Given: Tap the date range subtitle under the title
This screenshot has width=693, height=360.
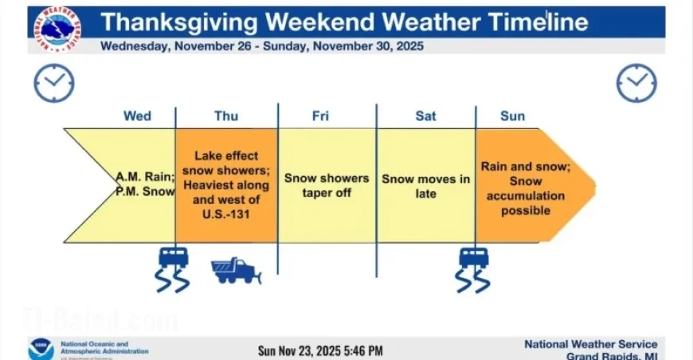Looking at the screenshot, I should pos(261,46).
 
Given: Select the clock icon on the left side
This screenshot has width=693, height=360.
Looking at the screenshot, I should pos(54,83).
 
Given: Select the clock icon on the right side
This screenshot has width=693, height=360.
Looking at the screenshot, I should pos(636,83).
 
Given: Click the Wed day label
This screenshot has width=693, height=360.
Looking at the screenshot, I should pos(137,116).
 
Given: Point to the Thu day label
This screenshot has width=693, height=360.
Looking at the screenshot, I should pos(226,116).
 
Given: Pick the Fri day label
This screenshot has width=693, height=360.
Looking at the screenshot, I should pos(320,116).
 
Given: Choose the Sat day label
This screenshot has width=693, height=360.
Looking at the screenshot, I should pos(425,116).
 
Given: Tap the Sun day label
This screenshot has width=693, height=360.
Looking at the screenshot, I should pos(512,116).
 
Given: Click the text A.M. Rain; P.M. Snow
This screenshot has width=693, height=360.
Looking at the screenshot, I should pos(144,185).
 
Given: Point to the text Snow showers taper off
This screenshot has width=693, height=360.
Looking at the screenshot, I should pos(327,186).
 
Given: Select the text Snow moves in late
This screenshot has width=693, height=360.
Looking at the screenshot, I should pos(425,186).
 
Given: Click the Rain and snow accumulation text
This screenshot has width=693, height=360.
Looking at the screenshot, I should pos(522,188).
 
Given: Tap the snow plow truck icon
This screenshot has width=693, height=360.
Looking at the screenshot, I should pos(236,270).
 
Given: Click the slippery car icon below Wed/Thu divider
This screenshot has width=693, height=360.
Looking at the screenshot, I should pos(174,268).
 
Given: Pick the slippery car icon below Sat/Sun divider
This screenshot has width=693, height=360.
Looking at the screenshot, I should pos(473,268).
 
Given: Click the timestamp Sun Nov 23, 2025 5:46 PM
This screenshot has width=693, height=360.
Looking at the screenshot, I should pos(320,350).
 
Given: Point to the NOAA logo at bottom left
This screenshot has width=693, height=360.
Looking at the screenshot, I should pos(41,350).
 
